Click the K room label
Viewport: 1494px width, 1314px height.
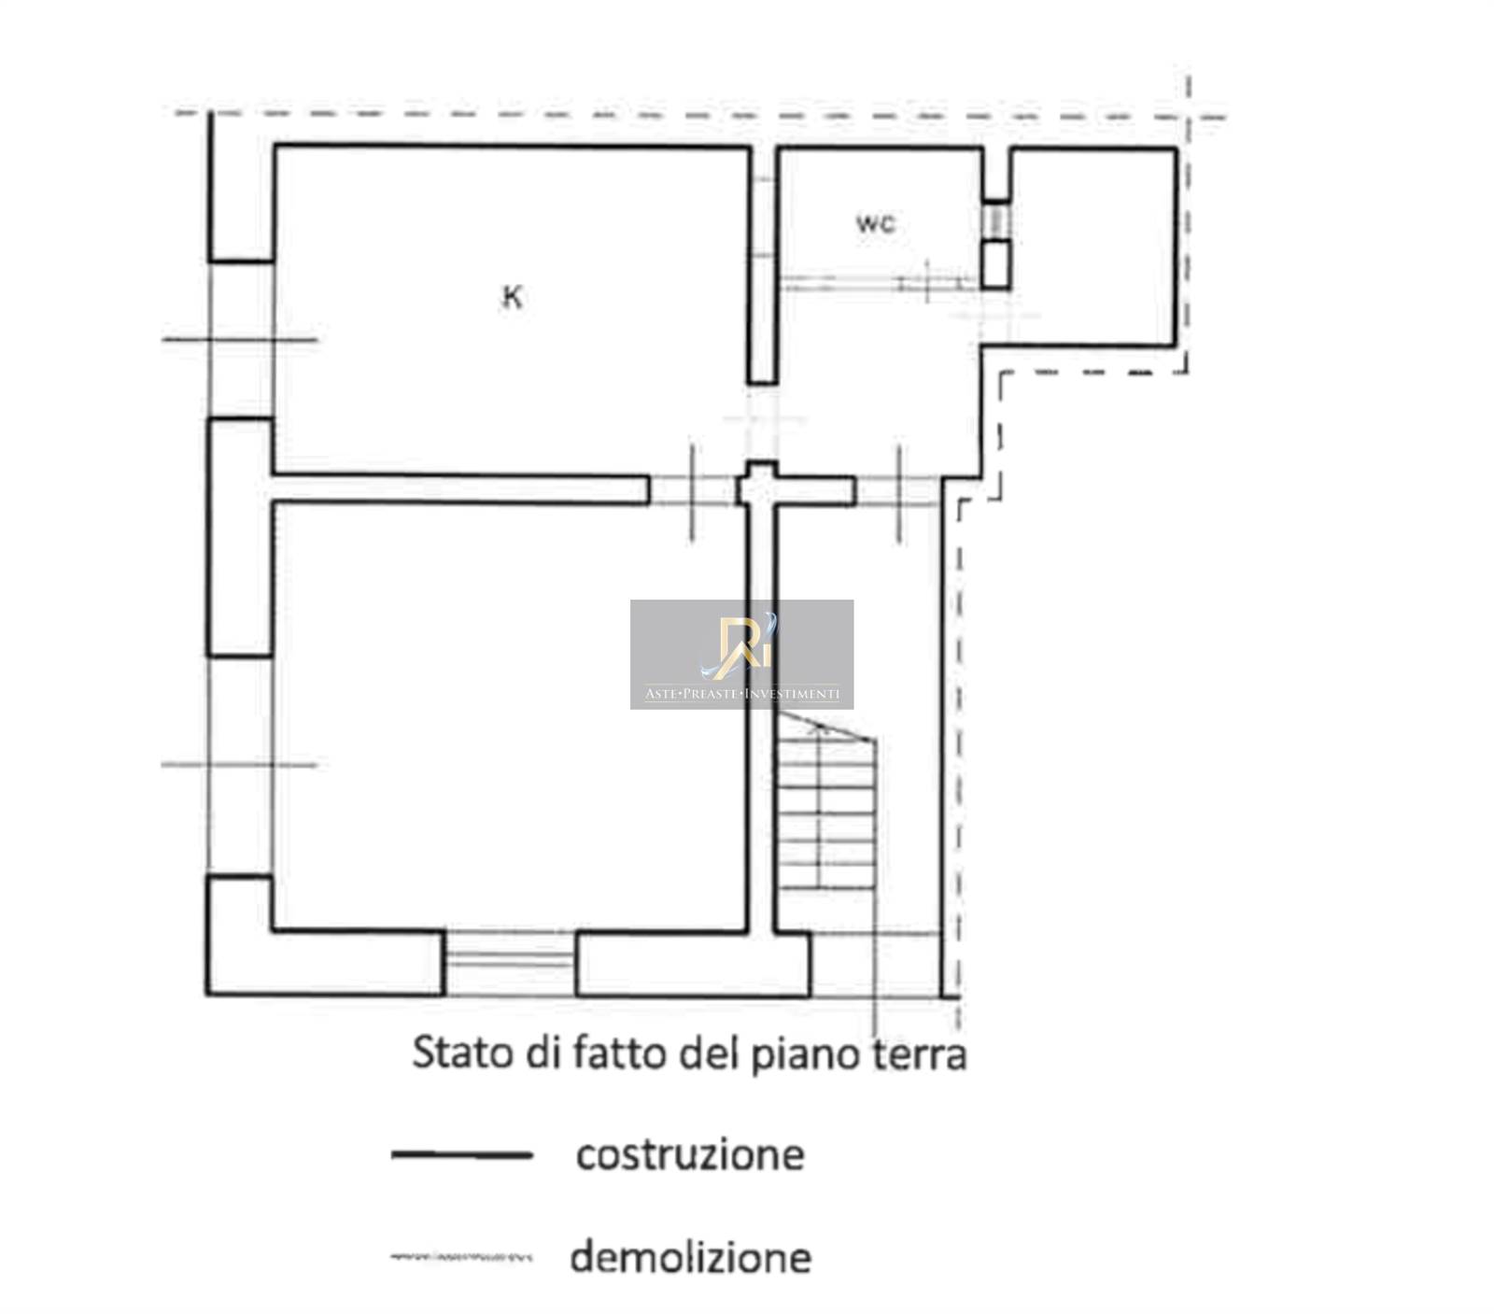(513, 297)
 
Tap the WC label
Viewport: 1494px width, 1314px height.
(876, 224)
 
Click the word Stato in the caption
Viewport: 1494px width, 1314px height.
(463, 1053)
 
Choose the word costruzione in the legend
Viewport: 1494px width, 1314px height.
(690, 1155)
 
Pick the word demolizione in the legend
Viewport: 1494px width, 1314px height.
(690, 1257)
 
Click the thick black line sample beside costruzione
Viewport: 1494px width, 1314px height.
(461, 1155)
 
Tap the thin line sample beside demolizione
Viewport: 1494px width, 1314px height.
(461, 1257)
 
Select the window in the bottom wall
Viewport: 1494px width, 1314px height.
(509, 962)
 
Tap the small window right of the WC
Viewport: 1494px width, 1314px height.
(996, 221)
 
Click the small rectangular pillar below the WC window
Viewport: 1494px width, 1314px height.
(996, 264)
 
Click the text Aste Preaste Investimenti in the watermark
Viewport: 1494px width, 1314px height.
(741, 694)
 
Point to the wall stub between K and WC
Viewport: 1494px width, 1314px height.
(763, 265)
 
